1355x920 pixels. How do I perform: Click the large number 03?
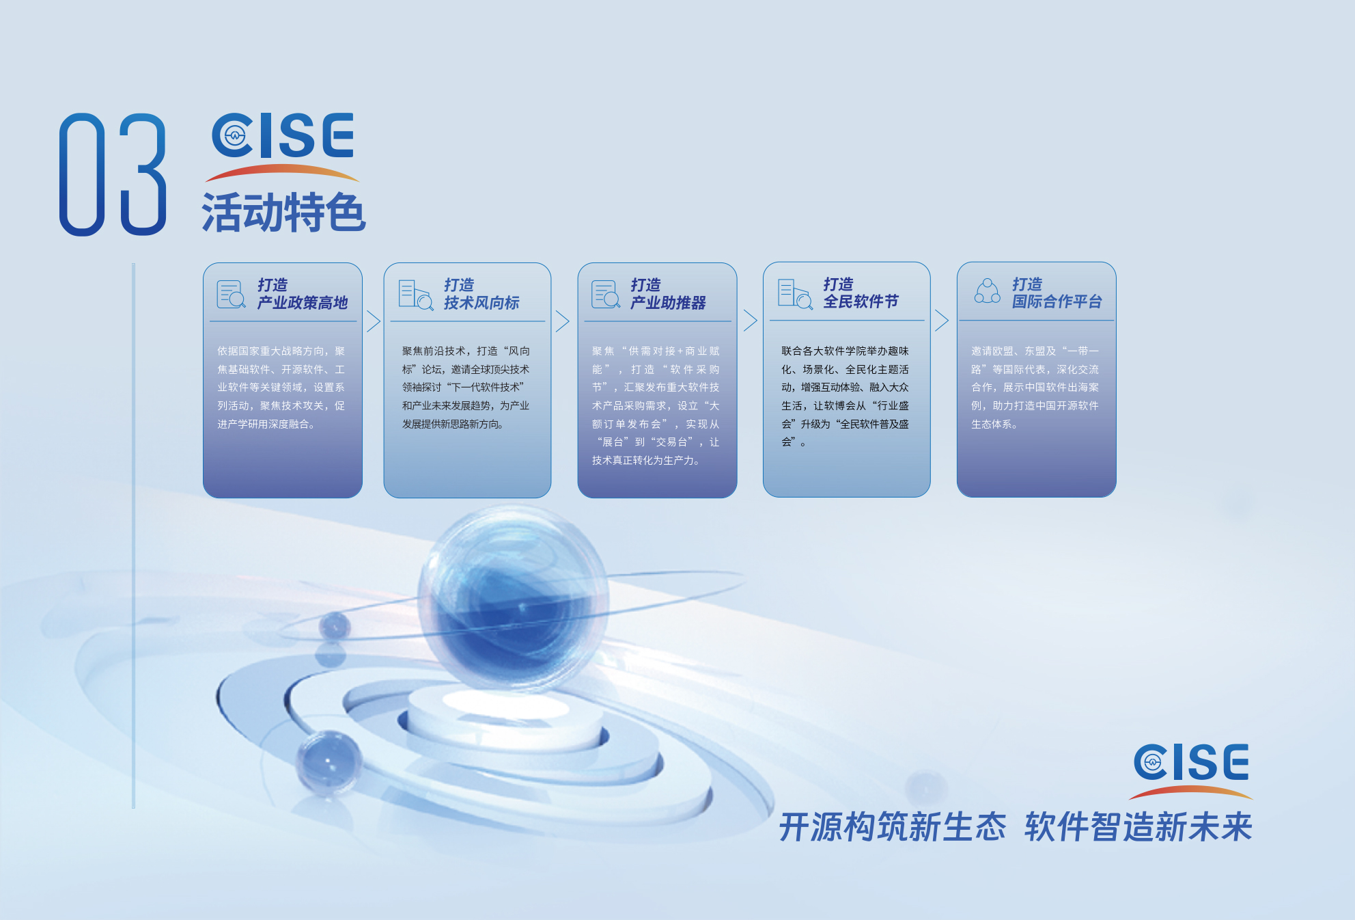pos(113,174)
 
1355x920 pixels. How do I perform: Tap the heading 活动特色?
pos(283,213)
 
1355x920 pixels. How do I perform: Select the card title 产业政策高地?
pos(303,302)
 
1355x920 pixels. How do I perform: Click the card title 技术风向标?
pos(481,302)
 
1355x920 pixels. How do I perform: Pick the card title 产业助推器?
pos(668,302)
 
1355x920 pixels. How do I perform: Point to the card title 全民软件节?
pos(861,301)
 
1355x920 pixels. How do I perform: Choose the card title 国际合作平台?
pos(1057,301)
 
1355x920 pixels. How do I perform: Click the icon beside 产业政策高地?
pos(231,294)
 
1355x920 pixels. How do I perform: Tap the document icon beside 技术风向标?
pos(416,295)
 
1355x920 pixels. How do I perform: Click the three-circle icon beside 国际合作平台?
pos(987,291)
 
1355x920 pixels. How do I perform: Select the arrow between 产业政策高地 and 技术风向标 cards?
pos(373,321)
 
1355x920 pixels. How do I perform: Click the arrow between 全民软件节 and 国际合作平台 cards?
pos(942,320)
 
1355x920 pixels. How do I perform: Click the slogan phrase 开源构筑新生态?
pos(893,827)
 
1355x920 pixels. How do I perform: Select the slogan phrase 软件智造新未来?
pos(1139,827)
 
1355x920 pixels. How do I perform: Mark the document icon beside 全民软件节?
pos(795,294)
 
